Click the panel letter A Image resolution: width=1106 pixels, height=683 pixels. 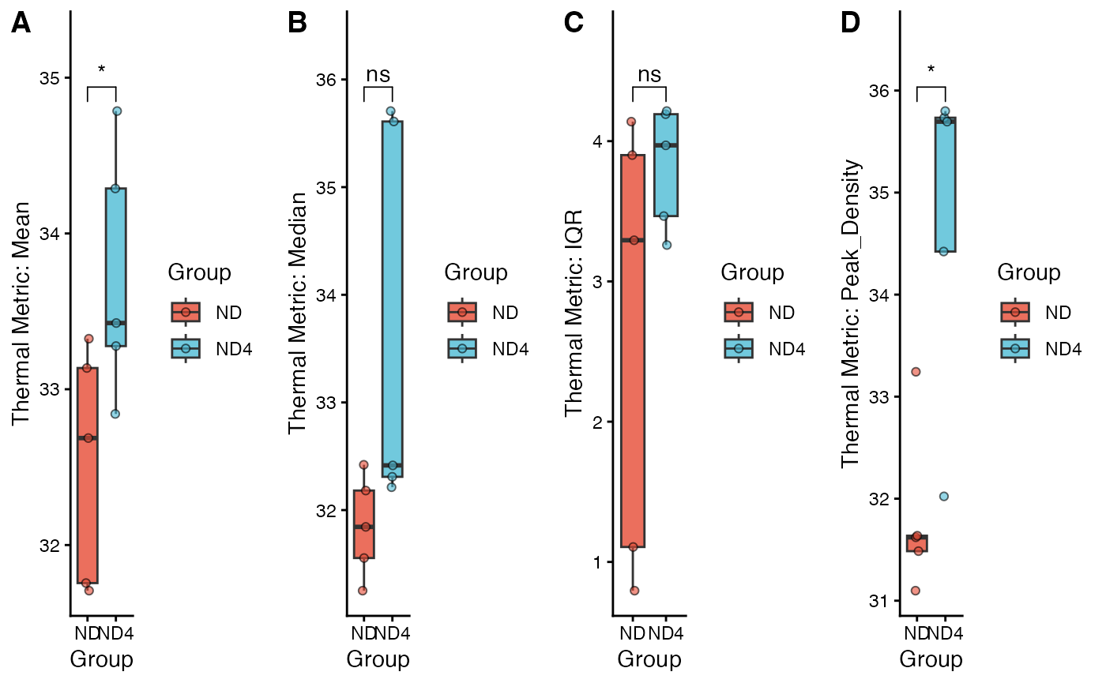[x=21, y=24]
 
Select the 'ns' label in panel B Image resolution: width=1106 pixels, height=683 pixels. [x=378, y=74]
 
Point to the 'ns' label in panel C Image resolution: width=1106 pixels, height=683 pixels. [x=649, y=74]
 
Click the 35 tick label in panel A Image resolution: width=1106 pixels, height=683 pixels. [x=51, y=78]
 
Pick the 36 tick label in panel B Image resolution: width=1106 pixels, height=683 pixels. [x=326, y=80]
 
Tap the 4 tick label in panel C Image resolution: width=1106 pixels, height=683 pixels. [x=599, y=142]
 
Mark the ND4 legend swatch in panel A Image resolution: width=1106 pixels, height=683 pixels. [x=186, y=348]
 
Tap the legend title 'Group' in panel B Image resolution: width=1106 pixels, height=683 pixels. [x=476, y=272]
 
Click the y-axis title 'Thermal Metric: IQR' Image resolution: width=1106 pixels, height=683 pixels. [x=574, y=313]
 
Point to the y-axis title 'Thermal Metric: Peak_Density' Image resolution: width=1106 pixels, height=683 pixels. [x=850, y=313]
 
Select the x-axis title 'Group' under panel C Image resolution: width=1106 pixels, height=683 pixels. [x=649, y=659]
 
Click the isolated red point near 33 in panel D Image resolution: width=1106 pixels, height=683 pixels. [x=916, y=372]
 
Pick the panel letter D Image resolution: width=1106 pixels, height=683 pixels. [x=850, y=24]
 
